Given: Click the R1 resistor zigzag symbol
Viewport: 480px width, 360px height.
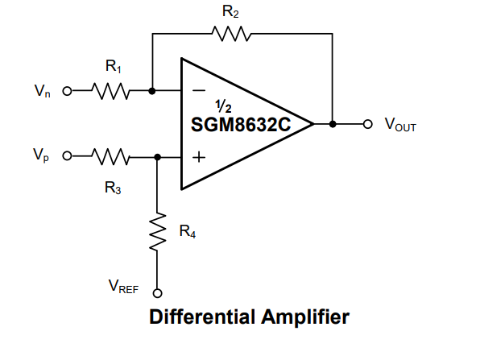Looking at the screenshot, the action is pos(111,91).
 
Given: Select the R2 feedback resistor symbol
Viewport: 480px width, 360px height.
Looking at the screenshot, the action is pos(231,34).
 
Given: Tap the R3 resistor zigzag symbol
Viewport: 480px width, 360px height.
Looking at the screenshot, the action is pos(111,157).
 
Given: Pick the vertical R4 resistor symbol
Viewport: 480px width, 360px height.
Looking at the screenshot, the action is pos(157,232).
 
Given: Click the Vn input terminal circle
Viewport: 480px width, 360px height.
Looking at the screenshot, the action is pos(67,91).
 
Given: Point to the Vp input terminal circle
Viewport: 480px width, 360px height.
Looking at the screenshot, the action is pos(67,156).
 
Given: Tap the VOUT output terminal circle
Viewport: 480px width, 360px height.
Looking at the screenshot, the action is pos(368,124).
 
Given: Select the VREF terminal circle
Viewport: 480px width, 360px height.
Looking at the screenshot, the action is pos(157,293).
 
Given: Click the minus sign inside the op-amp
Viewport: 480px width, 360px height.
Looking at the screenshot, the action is pos(199,90).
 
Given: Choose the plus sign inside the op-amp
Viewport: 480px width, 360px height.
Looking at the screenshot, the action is pos(199,157).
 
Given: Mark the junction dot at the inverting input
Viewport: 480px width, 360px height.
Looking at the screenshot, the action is pos(152,91).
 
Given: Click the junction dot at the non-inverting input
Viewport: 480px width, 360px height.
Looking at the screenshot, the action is pos(157,157).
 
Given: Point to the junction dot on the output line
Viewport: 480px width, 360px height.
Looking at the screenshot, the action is pos(333,124).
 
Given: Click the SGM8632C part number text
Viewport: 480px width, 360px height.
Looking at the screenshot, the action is pos(241,125).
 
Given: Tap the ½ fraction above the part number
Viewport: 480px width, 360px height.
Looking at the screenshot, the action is pos(223,106).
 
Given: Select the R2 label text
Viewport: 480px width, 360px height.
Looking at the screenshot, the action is pos(230,12).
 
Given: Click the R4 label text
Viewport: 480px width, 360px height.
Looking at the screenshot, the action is pos(188,231).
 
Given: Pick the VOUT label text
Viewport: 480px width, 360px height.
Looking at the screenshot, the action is pos(400,124).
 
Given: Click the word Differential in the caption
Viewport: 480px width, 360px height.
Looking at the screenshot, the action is pos(202,317).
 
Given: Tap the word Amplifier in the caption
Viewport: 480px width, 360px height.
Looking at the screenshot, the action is pos(305,317).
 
